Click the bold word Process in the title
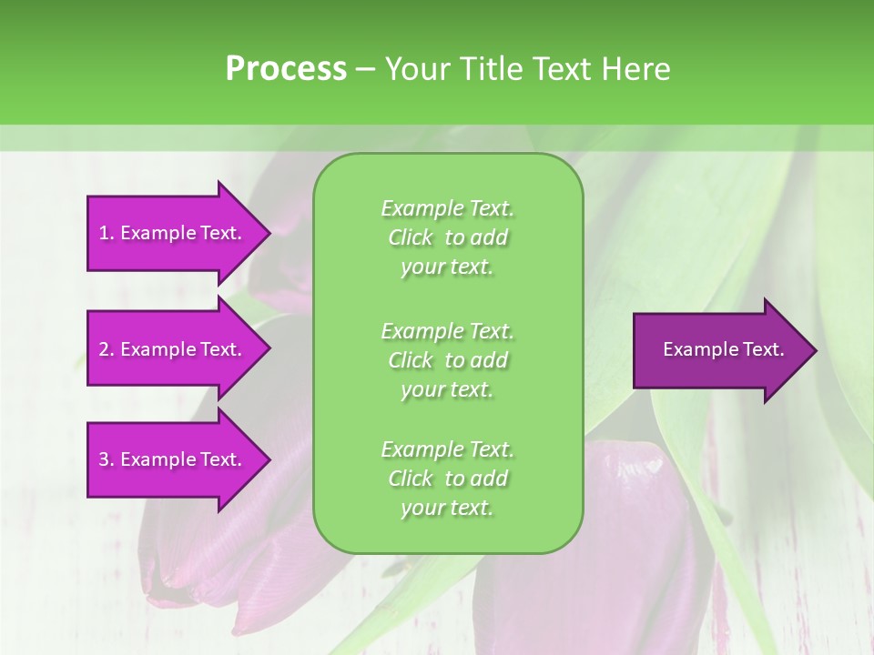[x=286, y=69]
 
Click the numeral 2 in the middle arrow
[x=104, y=349]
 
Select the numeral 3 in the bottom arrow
[x=104, y=459]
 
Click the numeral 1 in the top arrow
[x=104, y=233]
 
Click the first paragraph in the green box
[x=447, y=237]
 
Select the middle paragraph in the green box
[x=447, y=360]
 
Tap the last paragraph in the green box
[x=447, y=479]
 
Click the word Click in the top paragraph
[x=411, y=238]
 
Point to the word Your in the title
[x=416, y=69]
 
